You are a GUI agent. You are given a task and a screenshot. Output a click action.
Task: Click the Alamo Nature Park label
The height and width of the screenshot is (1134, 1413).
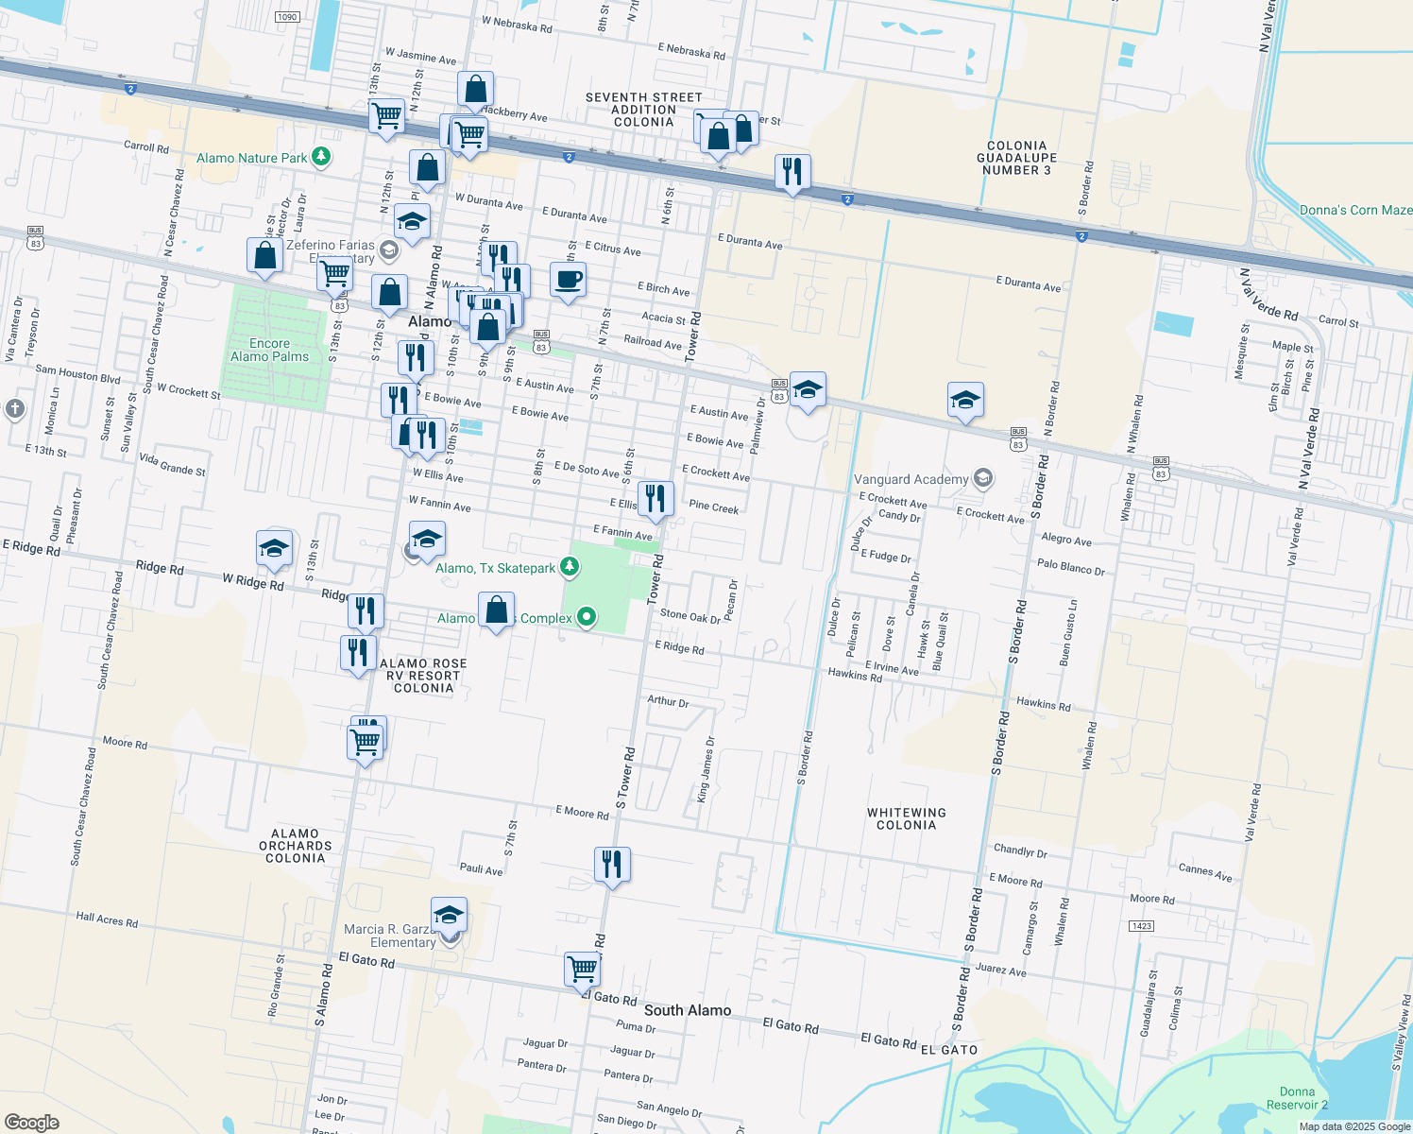point(252,158)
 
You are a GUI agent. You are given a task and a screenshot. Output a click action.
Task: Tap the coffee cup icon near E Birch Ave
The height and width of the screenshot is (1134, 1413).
point(568,281)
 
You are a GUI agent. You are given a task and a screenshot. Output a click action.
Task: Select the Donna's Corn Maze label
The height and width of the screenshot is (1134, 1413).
point(1355,210)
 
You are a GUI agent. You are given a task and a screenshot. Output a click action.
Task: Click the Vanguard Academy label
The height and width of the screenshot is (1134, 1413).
point(911,479)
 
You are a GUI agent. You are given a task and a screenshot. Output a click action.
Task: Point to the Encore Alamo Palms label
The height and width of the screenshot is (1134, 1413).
point(269,350)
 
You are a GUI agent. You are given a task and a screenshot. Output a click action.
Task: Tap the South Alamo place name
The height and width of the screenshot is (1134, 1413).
point(688,1010)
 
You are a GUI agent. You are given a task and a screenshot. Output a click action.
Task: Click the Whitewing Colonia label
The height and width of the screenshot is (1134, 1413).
point(907,818)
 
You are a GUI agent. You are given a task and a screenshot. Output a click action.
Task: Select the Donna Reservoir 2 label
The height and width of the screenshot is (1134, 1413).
point(1297,1098)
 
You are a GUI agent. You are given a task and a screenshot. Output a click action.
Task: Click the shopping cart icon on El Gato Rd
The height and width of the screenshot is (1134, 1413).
point(582,969)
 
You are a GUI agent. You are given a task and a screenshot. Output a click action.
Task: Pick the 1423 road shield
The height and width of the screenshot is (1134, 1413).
point(1141,925)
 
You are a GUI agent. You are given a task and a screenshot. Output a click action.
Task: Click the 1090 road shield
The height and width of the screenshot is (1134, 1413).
point(287,17)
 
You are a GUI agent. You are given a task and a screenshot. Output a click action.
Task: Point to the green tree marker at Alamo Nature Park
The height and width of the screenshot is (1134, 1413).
point(321,156)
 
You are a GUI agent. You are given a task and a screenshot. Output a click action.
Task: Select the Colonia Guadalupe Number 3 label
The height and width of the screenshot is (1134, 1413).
point(1016,158)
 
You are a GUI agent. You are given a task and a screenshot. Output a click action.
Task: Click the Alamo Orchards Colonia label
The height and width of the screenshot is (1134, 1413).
point(295,846)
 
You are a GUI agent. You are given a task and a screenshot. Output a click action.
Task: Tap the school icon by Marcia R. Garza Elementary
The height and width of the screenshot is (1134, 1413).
point(449,915)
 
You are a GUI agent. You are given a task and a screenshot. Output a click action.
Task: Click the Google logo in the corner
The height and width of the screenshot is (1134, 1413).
point(32,1122)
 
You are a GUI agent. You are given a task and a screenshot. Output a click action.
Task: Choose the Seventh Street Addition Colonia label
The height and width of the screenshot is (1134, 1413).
point(644,110)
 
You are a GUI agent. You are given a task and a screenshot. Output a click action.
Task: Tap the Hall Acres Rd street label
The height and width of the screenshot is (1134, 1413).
point(107,919)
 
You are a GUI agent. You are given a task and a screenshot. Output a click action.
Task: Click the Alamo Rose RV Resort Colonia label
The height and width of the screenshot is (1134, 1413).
point(423,676)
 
